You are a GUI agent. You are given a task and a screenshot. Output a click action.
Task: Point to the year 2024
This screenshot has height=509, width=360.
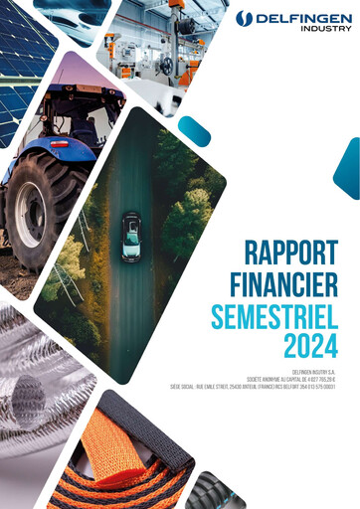tap(309, 347)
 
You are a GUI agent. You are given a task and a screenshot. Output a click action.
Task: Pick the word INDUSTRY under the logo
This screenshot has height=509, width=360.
tap(325, 29)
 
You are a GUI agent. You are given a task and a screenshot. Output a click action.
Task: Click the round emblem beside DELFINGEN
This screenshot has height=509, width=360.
tap(244, 18)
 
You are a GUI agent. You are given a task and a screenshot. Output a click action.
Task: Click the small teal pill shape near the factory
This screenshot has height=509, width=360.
tap(194, 131)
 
